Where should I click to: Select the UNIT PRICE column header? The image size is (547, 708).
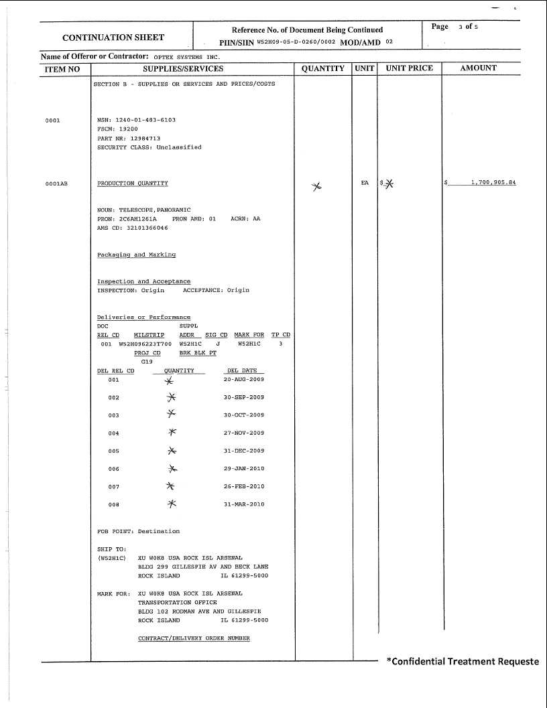coord(409,68)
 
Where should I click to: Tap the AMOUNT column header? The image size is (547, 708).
coord(479,68)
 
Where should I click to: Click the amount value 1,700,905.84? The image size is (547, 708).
coord(493,183)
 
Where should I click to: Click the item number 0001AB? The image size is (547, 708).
coord(56,183)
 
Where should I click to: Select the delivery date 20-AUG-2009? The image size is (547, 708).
coord(243,379)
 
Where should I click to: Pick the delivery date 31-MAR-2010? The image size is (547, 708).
coord(243,504)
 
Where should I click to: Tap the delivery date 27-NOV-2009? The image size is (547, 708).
coord(243,433)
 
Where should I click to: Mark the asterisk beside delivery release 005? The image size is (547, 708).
coord(172,451)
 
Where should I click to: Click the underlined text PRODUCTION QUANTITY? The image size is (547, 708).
coord(133,183)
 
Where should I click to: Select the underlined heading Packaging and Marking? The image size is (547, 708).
coord(136,255)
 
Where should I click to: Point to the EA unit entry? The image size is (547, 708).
coord(365,182)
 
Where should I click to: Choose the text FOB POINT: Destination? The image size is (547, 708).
coord(138,531)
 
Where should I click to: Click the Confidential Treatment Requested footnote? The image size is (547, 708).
coord(463,662)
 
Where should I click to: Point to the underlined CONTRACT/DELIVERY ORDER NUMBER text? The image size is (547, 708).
coord(194,638)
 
